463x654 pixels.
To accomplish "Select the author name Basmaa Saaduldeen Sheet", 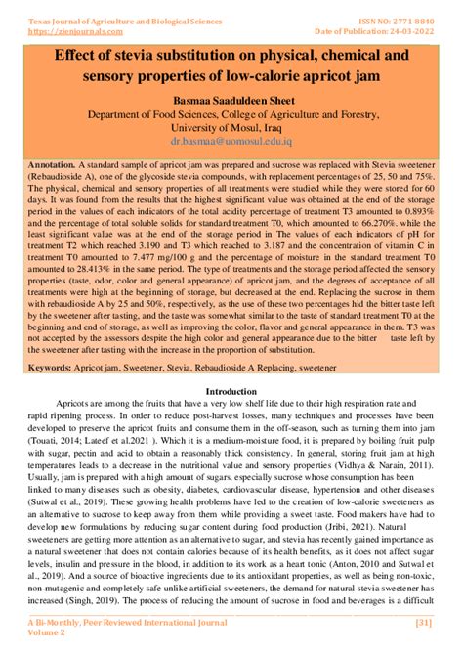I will pos(231,99).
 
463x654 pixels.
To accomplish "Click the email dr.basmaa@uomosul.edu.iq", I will pos(231,141).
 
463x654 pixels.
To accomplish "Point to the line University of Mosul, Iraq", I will pos(231,127).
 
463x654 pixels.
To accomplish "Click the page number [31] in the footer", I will pos(424,622).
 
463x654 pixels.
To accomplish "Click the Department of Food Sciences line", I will pos(231,113).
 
